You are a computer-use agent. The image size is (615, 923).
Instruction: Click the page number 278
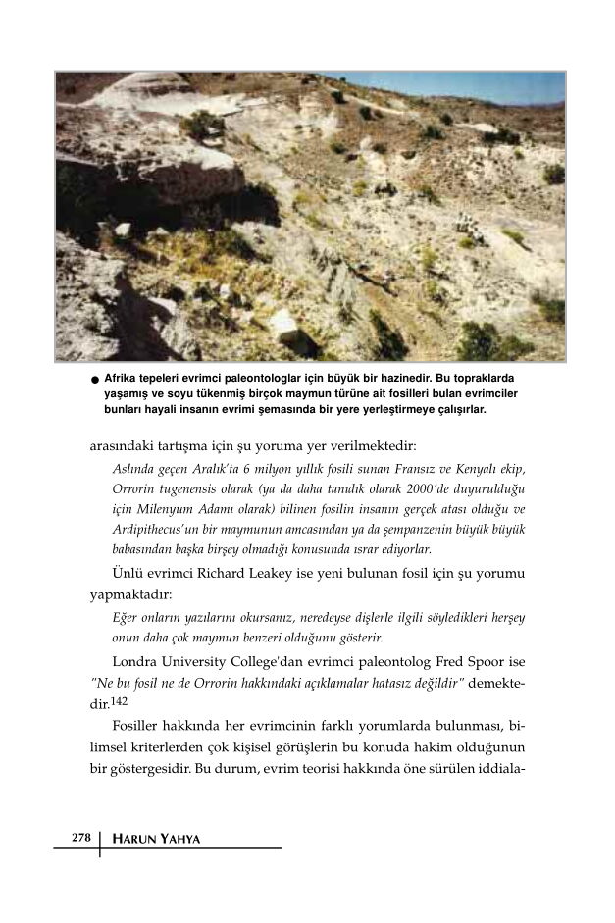[x=81, y=838]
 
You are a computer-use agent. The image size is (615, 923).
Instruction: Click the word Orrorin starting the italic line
[x=136, y=488]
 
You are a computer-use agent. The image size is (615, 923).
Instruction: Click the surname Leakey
[x=262, y=574]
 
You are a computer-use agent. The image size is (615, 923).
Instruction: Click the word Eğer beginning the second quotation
[x=128, y=618]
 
